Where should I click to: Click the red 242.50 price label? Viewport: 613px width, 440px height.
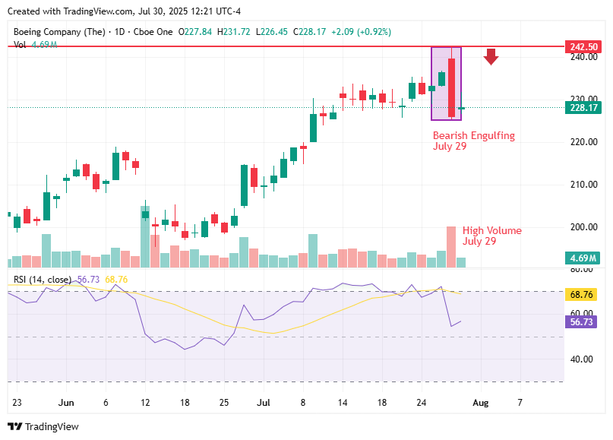[583, 46]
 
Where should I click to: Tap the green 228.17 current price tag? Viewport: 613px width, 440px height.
[583, 108]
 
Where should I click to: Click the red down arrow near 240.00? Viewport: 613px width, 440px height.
[491, 56]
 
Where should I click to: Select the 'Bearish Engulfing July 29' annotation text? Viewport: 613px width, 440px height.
[473, 141]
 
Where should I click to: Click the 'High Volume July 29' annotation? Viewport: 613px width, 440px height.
[491, 236]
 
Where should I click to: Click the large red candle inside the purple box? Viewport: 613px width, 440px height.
[451, 87]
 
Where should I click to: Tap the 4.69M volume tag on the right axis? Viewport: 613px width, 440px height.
[583, 258]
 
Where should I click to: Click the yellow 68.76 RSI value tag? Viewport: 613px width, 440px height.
[583, 294]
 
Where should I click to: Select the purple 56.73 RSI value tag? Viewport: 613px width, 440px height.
[583, 322]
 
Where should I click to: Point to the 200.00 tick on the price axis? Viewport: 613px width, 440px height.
[583, 227]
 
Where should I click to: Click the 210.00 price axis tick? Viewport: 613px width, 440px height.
[583, 185]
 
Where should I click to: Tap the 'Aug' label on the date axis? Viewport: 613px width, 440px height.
[481, 400]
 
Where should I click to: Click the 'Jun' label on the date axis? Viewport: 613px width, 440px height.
[66, 400]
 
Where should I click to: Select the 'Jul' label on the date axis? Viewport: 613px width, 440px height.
[264, 400]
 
